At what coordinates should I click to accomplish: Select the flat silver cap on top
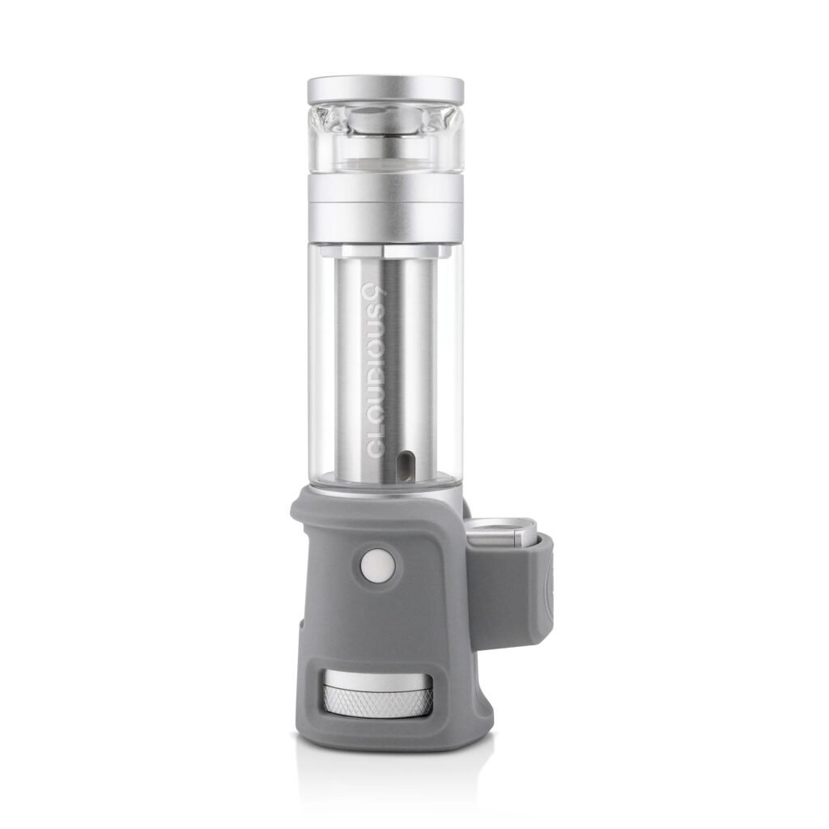pos(385,90)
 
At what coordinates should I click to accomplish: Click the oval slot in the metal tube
pos(402,466)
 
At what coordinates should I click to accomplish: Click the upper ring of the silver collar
pos(385,187)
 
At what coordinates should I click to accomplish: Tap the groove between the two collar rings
pos(385,202)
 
